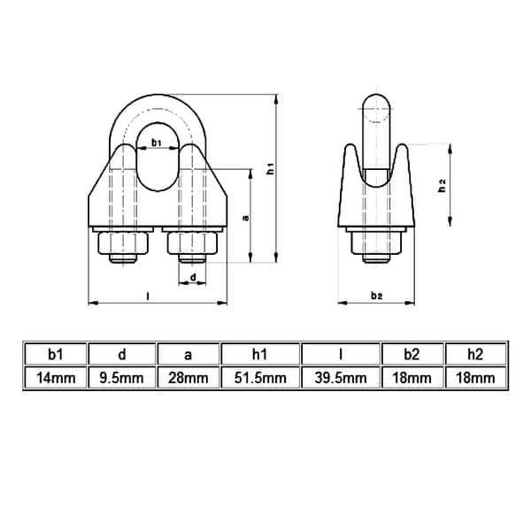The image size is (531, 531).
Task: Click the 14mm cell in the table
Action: pos(55,378)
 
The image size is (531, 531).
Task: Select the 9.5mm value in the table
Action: pos(122,378)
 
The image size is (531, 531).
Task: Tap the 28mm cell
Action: pos(188,378)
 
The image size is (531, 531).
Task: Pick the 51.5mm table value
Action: pos(260,378)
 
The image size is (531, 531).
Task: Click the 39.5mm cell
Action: pos(341,378)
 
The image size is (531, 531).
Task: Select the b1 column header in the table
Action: pos(55,355)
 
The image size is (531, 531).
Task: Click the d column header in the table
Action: pos(122,355)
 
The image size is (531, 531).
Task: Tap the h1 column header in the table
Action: pos(260,355)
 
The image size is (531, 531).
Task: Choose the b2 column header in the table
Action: pos(412,355)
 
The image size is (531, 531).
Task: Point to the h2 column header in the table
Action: pos(476,355)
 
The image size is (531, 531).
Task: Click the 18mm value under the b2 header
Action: pos(412,378)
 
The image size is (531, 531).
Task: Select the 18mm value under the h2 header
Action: pos(476,378)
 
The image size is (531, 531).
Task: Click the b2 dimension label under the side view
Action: pos(377,294)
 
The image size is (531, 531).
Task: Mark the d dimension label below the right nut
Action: pos(194,279)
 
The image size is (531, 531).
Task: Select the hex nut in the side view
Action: pos(376,242)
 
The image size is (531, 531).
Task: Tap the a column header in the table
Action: pos(188,355)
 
